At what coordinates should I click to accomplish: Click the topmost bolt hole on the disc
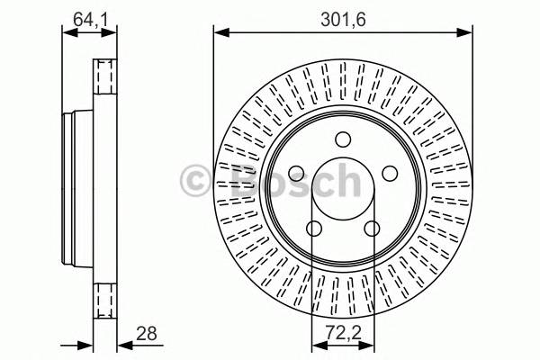pyautogui.click(x=342, y=139)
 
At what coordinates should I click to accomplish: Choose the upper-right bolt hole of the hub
pyautogui.click(x=390, y=174)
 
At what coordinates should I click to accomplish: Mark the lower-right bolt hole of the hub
pyautogui.click(x=372, y=229)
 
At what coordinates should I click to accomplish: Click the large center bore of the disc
pyautogui.click(x=342, y=189)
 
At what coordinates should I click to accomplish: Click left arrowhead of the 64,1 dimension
pyautogui.click(x=66, y=32)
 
